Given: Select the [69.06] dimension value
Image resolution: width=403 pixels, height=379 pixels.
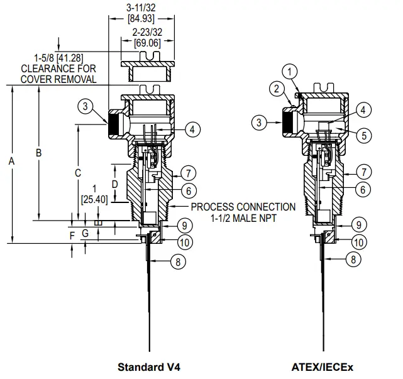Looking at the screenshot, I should click(148, 42).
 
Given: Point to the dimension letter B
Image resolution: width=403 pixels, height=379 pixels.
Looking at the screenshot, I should click(38, 153).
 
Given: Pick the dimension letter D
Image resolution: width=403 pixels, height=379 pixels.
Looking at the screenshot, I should click(114, 184).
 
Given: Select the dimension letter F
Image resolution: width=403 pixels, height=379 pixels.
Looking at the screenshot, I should click(72, 234).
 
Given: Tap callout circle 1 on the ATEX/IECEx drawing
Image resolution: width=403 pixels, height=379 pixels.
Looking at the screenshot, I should click(289, 72).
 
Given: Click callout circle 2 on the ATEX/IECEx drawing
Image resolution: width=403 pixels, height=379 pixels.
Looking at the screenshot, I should click(276, 89).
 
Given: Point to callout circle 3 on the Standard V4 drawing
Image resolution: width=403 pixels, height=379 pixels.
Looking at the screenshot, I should click(86, 106).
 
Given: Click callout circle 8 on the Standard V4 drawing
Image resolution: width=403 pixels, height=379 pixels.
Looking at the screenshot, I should click(179, 263).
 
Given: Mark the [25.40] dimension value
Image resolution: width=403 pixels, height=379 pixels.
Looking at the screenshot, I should click(94, 199).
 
